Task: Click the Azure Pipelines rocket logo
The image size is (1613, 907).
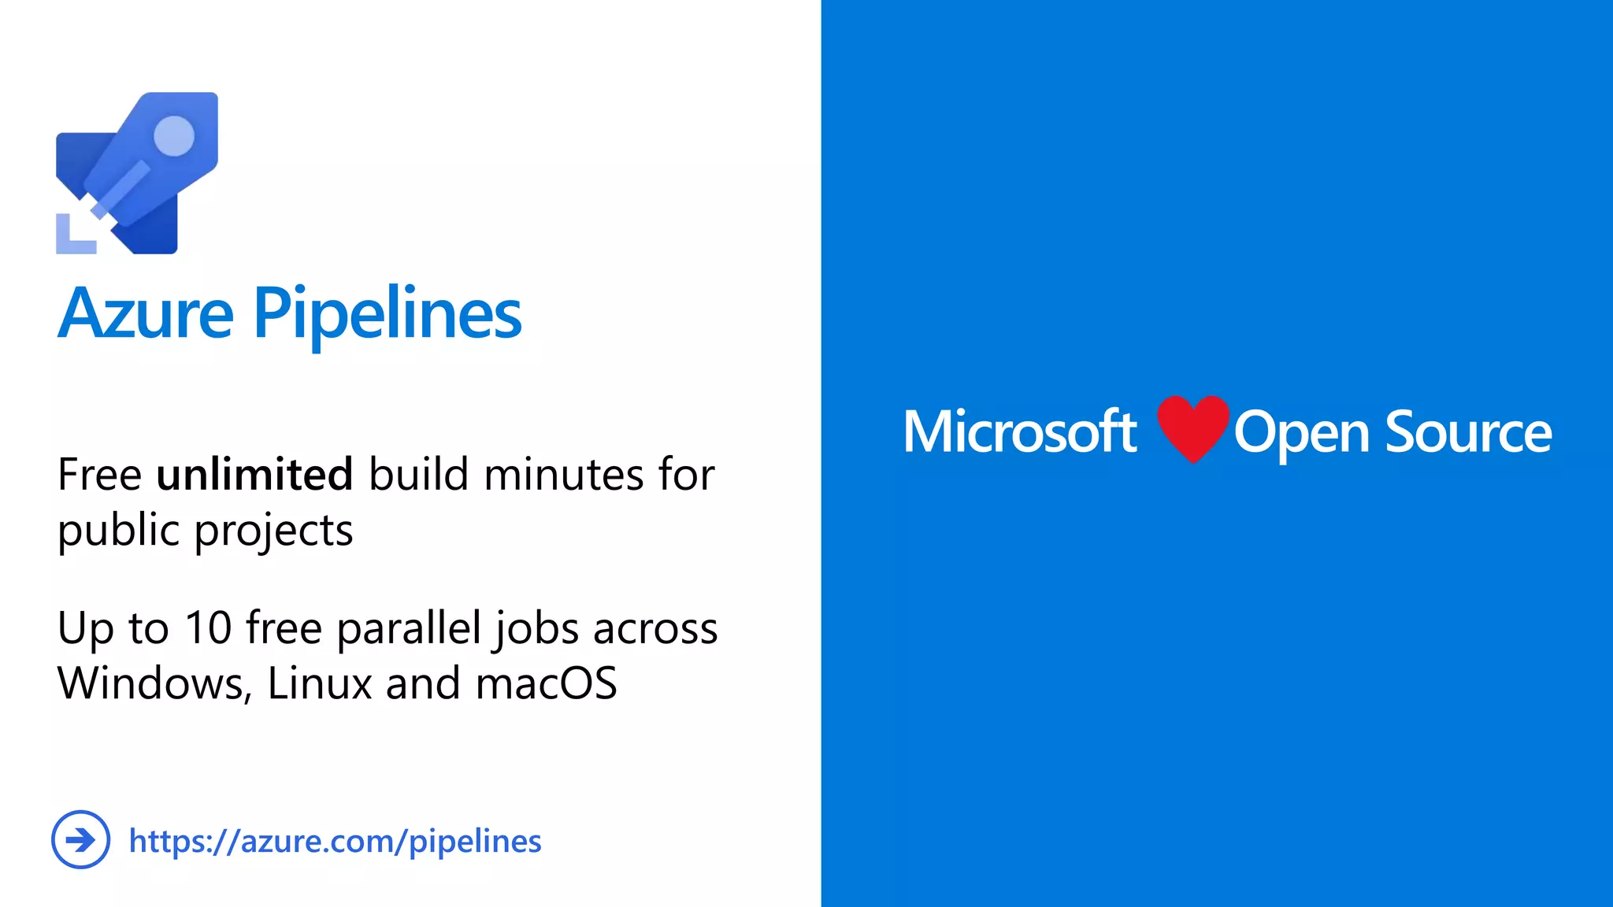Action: tap(137, 173)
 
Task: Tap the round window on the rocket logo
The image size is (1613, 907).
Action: tap(174, 135)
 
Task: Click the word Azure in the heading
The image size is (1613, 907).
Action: tap(146, 313)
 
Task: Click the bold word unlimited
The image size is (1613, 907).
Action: tap(254, 475)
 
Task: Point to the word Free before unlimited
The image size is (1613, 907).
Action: tap(99, 475)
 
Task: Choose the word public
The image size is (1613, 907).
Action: tap(119, 531)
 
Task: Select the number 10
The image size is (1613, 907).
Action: tap(208, 628)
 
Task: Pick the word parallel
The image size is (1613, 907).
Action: tap(409, 628)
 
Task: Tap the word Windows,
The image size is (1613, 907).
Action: tap(154, 683)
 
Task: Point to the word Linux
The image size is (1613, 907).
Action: tap(319, 683)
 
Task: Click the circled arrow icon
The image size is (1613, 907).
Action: tap(80, 840)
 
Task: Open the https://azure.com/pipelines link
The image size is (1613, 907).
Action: tap(335, 841)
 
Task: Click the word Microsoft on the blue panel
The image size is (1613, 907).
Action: tap(1020, 431)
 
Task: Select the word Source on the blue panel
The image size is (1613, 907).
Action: tap(1468, 432)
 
